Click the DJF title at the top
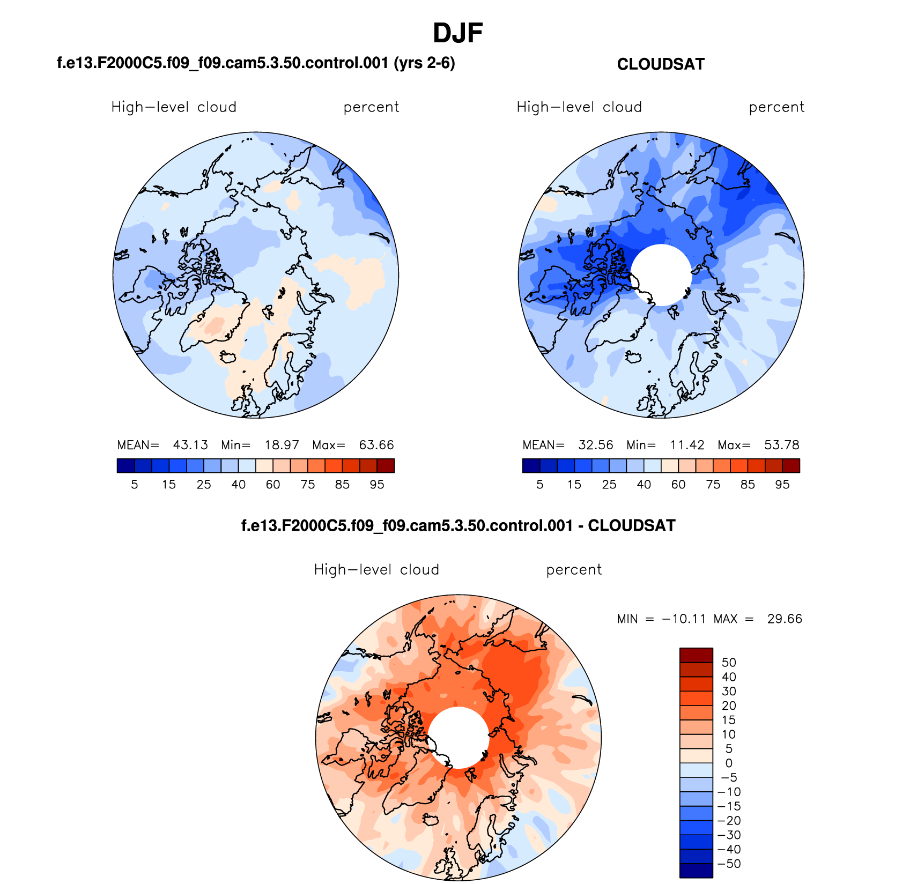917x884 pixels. click(457, 33)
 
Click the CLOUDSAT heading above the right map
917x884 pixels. click(660, 64)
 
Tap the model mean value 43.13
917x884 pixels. click(190, 445)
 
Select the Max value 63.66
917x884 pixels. click(376, 445)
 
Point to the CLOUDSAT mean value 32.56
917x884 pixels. click(595, 445)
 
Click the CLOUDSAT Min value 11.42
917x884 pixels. click(687, 445)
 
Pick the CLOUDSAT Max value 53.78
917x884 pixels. click(781, 445)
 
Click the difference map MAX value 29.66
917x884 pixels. click(785, 619)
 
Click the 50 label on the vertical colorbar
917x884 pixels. click(729, 663)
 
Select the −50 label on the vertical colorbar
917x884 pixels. click(729, 864)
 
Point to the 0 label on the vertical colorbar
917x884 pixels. click(729, 763)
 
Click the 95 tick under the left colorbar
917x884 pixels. click(377, 485)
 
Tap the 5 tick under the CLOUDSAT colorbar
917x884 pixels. click(540, 485)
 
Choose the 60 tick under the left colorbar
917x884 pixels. click(273, 485)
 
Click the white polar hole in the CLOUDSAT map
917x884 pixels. click(661, 274)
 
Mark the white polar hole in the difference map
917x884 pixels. click(458, 737)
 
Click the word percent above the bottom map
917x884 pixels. click(574, 570)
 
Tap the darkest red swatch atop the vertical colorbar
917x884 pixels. click(696, 655)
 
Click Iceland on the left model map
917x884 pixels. click(229, 356)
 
